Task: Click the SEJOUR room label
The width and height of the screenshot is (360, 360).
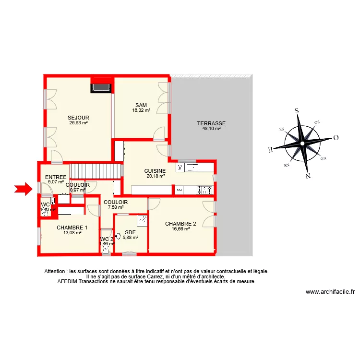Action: click(x=78, y=118)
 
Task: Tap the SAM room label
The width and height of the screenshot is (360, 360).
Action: click(x=141, y=105)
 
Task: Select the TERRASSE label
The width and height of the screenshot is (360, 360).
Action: click(x=211, y=123)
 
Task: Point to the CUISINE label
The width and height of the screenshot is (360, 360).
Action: click(x=155, y=171)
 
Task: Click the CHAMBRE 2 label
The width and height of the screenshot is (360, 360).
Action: click(x=180, y=224)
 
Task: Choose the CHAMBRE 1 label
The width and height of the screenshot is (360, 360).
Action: click(x=72, y=228)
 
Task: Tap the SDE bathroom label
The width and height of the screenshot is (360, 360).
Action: click(x=130, y=232)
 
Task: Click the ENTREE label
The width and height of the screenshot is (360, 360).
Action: click(x=56, y=177)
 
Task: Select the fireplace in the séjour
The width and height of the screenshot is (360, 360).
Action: click(x=101, y=87)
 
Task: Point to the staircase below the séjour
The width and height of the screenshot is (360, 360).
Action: click(x=96, y=171)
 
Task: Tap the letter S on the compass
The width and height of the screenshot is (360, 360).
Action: click(x=297, y=110)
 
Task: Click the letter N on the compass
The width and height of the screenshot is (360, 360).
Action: click(x=308, y=176)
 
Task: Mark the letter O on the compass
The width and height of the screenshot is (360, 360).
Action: click(x=336, y=138)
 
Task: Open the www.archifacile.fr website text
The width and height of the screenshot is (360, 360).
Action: click(x=330, y=291)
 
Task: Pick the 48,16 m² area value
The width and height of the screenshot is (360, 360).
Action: click(x=211, y=129)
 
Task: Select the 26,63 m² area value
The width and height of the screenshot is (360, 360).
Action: click(x=78, y=123)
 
